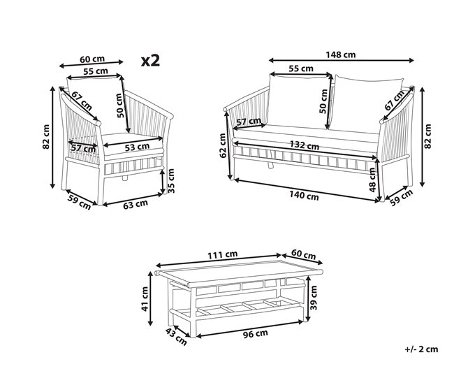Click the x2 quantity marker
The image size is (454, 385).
click(150, 61)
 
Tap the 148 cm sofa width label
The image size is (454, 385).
click(341, 55)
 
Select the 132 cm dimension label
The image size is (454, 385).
click(304, 145)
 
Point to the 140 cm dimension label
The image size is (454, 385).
click(304, 196)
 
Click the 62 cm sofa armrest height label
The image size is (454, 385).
click(223, 145)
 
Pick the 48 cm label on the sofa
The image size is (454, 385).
click(372, 180)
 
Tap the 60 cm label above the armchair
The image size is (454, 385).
click(92, 59)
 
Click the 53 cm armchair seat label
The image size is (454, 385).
click(137, 147)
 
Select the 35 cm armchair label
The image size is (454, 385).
click(171, 181)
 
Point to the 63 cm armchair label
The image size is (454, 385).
click(136, 204)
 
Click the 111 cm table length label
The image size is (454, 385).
click(222, 255)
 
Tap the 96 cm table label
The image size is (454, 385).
click(256, 334)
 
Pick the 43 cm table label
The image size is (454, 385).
click(176, 337)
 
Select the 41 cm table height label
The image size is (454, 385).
click(145, 298)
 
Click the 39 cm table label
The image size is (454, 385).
click(314, 298)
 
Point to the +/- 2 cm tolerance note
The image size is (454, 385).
click(421, 349)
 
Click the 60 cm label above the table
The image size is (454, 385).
click(303, 254)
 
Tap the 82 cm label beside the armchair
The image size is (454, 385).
click(46, 137)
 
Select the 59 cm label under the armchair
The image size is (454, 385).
click(79, 202)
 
